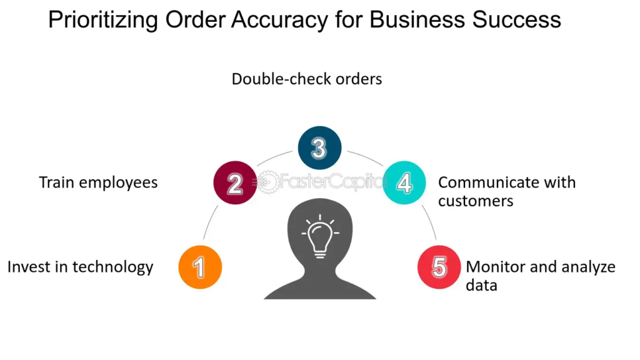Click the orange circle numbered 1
[x=200, y=267]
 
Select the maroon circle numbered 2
[x=235, y=182]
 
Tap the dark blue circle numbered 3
[x=319, y=148]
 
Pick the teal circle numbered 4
[x=404, y=182]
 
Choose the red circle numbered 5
[x=439, y=267]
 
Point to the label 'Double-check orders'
[x=307, y=79]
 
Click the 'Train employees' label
[x=98, y=182]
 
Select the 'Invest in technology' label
[x=80, y=267]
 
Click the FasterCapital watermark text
[x=331, y=182]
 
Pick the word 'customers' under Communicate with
[x=476, y=201]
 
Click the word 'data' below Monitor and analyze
[x=481, y=286]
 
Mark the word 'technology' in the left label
[x=113, y=267]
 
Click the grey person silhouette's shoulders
[x=319, y=284]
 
